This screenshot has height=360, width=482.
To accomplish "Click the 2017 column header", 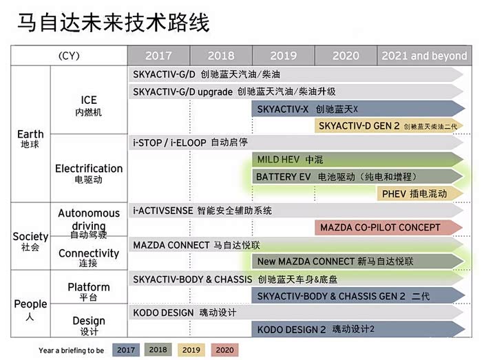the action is click(x=158, y=56).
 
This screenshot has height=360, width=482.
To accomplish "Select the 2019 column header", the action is click(x=284, y=56).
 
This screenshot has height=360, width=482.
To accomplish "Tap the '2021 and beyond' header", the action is click(x=424, y=56).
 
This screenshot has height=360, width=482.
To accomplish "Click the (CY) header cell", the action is click(x=69, y=56).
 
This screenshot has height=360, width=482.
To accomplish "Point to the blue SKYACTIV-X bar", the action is click(x=358, y=109).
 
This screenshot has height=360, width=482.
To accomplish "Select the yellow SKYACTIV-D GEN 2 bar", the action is click(x=389, y=126).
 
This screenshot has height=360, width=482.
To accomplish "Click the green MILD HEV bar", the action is click(x=358, y=160).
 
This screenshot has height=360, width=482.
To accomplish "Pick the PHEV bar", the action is click(x=420, y=193).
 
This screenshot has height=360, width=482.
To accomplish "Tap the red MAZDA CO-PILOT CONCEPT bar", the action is click(x=389, y=228).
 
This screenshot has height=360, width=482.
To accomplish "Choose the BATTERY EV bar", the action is click(x=358, y=177).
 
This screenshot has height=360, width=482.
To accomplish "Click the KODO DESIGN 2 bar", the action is click(x=358, y=329).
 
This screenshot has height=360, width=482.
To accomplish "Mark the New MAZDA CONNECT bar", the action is click(x=358, y=262).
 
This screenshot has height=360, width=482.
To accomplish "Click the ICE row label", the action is click(x=89, y=105).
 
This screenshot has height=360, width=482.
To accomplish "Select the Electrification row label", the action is click(x=89, y=173).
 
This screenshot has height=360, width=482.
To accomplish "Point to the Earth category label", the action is click(x=30, y=138).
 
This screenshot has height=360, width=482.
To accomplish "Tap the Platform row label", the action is click(x=89, y=291).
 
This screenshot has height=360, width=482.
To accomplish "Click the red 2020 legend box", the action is click(x=224, y=350).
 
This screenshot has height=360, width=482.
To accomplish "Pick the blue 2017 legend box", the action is click(x=126, y=350).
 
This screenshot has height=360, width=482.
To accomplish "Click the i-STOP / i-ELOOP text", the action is click(x=169, y=143).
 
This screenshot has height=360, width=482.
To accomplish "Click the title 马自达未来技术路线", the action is click(x=114, y=23).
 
